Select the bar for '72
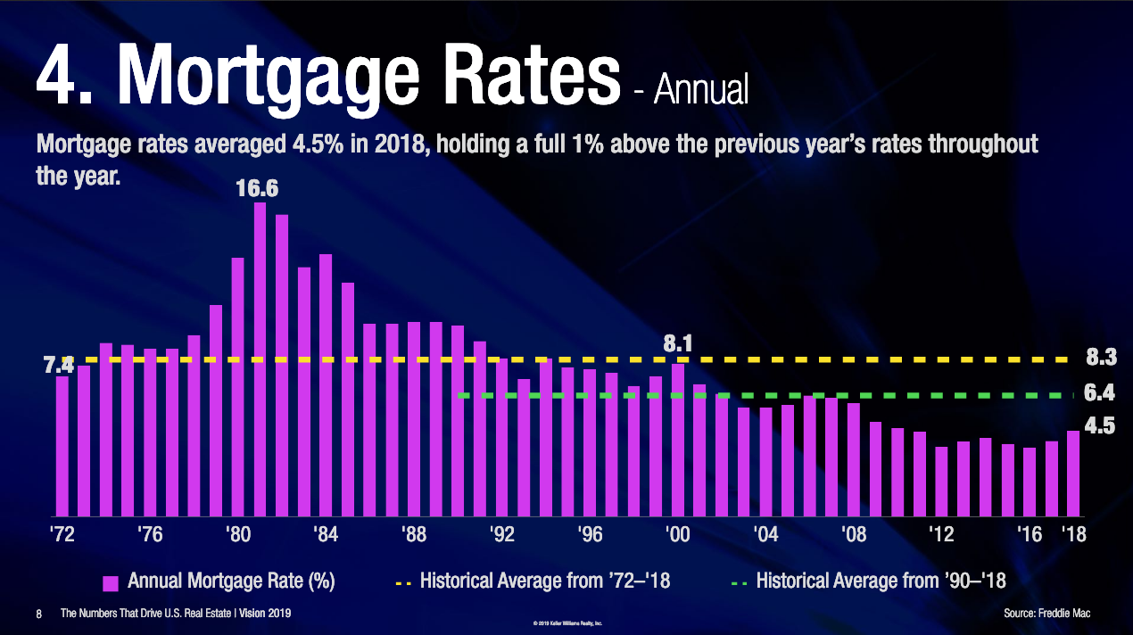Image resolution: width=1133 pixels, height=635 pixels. [62, 446]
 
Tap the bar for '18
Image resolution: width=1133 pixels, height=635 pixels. [1073, 474]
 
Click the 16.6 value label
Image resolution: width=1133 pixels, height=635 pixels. [257, 189]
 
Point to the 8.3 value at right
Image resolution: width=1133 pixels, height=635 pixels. [1101, 359]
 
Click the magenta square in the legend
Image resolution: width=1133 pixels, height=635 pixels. [112, 583]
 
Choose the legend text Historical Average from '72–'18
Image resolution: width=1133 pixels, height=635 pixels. [544, 581]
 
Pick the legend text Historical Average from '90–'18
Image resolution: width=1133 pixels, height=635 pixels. [881, 581]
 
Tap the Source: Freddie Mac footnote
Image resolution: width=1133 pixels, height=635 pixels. [1046, 614]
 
